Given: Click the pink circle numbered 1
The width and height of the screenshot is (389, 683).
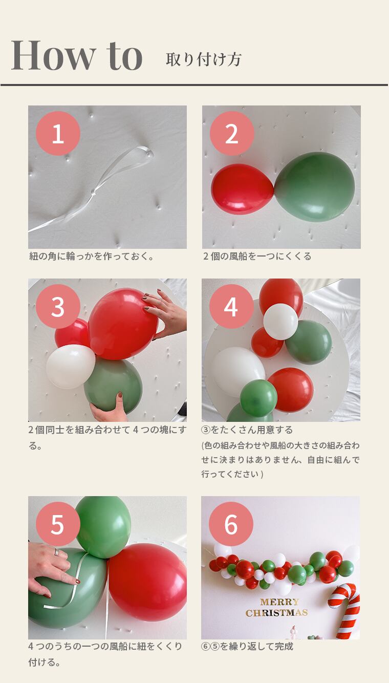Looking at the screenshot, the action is (58, 133).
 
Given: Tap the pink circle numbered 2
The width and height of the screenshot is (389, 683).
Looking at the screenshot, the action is (232, 133).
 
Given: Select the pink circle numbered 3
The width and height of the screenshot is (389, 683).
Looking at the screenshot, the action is (58, 307).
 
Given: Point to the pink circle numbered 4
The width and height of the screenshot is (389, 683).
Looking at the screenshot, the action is (231, 307).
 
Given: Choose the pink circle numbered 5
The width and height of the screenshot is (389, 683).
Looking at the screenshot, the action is (58, 524).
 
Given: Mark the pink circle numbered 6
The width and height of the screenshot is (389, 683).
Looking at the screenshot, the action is (231, 524).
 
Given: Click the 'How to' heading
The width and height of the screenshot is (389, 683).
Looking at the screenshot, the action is (77, 55).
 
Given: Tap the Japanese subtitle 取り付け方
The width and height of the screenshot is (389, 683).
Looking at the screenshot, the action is (204, 59).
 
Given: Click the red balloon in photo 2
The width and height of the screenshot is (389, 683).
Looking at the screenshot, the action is (243, 188).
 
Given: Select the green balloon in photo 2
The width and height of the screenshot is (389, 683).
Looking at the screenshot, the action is (315, 186).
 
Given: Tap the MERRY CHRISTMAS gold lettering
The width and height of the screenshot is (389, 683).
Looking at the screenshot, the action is (277, 607).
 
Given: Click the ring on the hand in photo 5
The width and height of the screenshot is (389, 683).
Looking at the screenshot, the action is (56, 551).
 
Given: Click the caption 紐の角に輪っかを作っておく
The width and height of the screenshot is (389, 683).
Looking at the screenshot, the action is (92, 256).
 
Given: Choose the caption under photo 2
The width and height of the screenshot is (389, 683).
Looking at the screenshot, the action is (257, 256).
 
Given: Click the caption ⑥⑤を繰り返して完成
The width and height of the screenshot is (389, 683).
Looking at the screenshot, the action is (247, 647).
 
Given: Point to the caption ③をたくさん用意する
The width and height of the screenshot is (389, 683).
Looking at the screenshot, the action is (247, 430).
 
